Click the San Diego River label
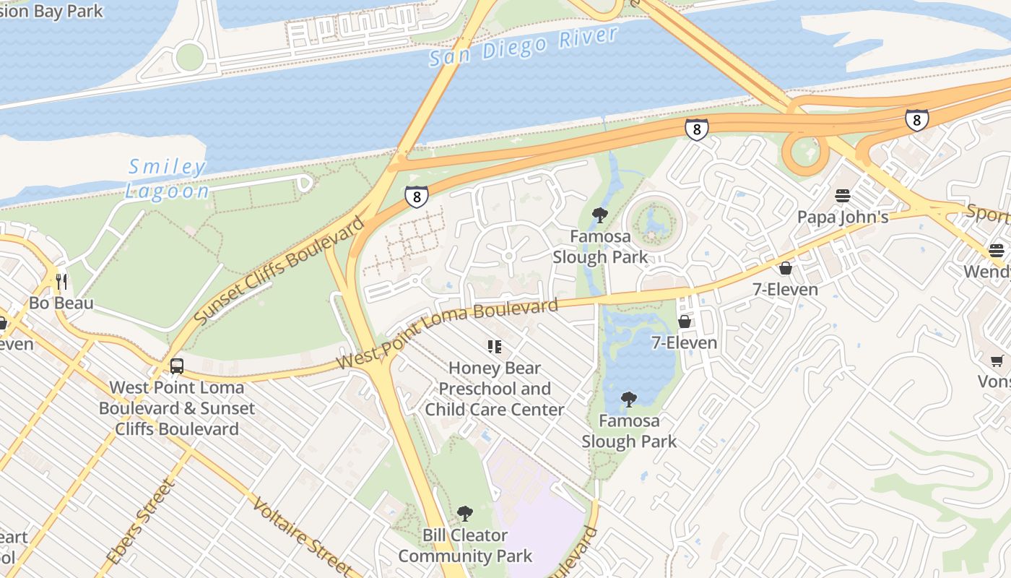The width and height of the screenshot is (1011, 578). coord(524,46)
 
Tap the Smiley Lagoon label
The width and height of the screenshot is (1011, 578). coord(168,179)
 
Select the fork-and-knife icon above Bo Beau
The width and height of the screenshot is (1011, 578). coord(61,281)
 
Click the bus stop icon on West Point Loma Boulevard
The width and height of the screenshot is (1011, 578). coord(177,366)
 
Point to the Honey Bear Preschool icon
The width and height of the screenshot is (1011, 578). coord(495,347)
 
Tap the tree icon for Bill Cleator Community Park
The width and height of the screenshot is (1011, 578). coord(465,514)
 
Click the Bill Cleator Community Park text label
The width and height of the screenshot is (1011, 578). coord(465,545)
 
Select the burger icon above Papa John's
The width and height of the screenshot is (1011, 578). coord(843,196)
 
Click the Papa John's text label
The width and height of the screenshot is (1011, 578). coord(843,217)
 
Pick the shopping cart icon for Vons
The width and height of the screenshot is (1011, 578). coord(997,361)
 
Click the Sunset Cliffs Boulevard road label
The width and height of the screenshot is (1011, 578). coord(280,270)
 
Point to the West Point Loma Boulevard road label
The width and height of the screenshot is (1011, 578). coord(448,333)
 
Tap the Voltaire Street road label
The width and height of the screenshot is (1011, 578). coord(303,535)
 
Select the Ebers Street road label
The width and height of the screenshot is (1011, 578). coord(141,522)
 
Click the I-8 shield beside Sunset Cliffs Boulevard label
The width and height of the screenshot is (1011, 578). coord(416,197)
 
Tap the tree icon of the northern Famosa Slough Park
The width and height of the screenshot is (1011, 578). coord(599,215)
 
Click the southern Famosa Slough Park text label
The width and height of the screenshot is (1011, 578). coord(629,431)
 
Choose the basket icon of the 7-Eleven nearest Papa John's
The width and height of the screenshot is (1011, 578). coord(786,268)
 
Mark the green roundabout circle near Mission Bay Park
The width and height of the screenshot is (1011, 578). coord(189,56)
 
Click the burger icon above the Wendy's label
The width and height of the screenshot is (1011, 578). coord(997,251)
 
